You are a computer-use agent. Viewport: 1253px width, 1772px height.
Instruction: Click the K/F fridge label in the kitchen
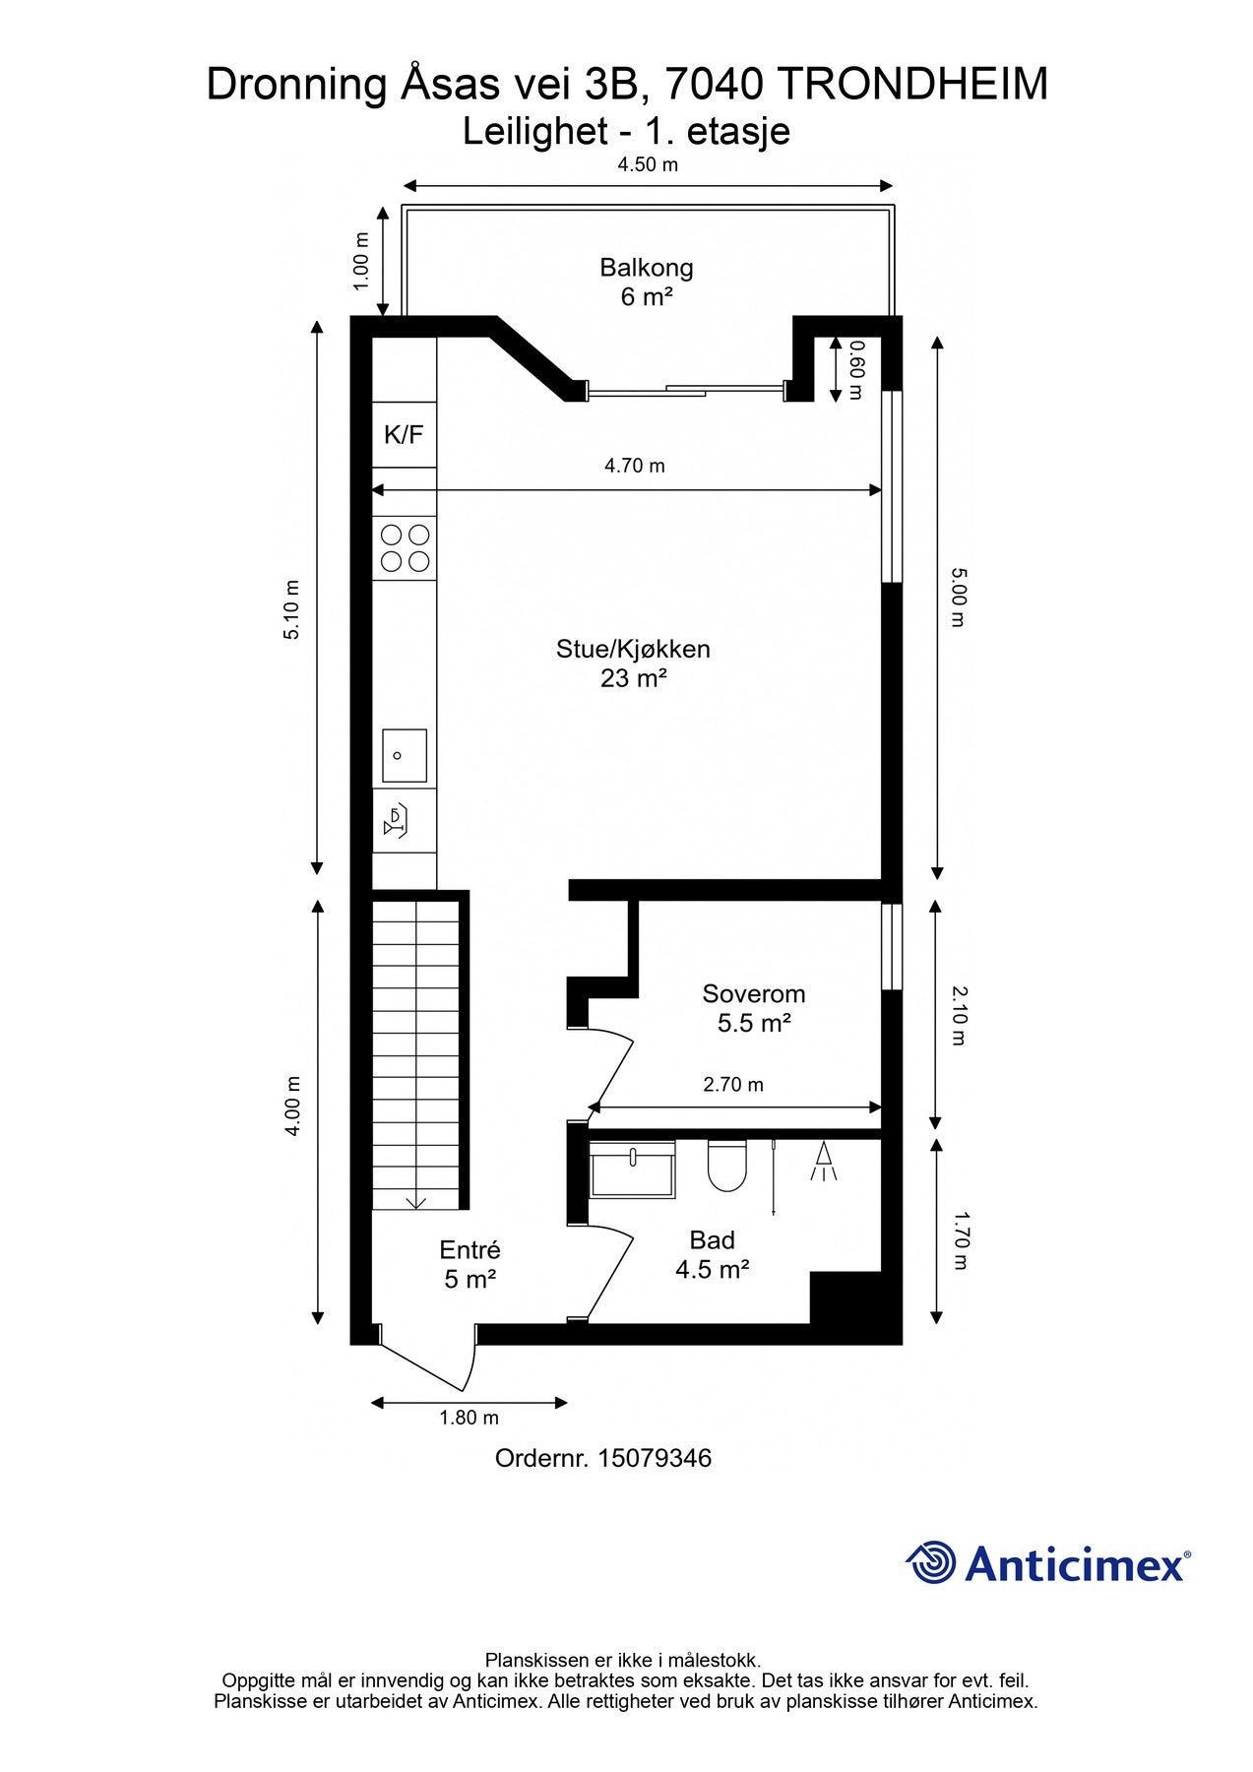pos(404,435)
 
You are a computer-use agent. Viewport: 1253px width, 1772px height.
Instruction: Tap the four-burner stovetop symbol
pos(405,548)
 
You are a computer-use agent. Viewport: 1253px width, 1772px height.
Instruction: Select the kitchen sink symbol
pos(405,755)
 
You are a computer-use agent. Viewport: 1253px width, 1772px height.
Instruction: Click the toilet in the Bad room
pos(726,1165)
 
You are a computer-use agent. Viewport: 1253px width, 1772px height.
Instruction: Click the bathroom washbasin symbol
pos(633,1170)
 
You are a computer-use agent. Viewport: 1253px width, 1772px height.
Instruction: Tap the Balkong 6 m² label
pos(647,282)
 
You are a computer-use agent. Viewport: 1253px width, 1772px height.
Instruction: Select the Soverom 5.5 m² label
pos(754,1008)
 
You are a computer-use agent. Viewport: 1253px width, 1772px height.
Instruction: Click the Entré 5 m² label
pos(470,1264)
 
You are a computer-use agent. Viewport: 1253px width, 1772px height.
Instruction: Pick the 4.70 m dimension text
pos(635,466)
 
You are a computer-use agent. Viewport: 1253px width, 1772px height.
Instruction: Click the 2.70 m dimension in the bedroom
pos(733,1085)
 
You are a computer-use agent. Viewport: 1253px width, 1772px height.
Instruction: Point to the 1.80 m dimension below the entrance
pos(469,1418)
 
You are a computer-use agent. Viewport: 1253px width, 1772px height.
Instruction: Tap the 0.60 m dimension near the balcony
pos(854,369)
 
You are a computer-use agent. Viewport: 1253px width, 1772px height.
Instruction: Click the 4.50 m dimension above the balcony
pos(648,164)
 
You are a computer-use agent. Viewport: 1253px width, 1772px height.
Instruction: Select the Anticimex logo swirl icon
pos(931,1562)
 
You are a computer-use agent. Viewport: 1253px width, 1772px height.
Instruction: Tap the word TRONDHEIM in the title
pos(912,86)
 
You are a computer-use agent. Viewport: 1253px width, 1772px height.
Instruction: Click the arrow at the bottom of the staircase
pos(415,1200)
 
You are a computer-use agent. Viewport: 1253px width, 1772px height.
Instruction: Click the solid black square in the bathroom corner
pos(844,1297)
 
